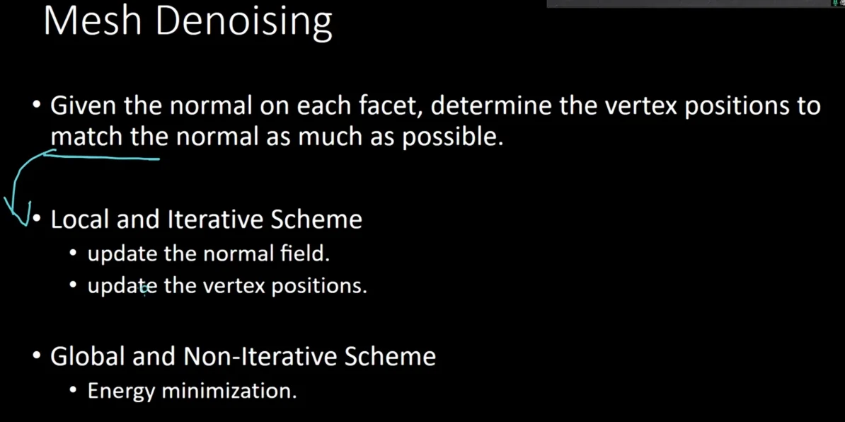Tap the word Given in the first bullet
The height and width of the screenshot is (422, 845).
(83, 106)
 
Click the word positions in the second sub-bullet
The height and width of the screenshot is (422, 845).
(319, 286)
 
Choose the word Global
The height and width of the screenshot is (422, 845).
(86, 356)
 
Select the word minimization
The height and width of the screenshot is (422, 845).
(229, 390)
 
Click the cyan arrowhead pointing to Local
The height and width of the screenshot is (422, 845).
(21, 215)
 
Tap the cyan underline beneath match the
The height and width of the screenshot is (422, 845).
(103, 157)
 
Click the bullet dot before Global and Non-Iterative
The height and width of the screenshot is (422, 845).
(37, 356)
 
